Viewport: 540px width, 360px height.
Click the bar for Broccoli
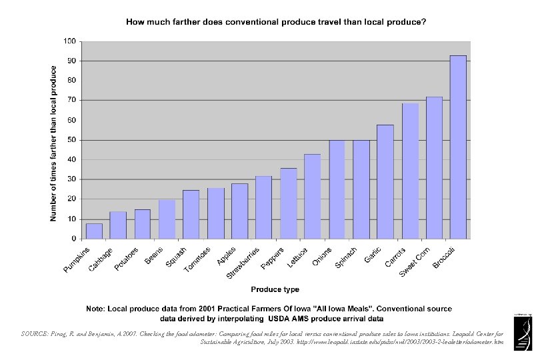pos(458,147)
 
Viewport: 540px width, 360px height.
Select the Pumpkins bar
pos(94,231)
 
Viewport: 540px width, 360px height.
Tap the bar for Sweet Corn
pos(434,167)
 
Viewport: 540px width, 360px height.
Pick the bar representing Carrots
pos(410,171)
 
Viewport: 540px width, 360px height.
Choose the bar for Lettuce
pos(313,196)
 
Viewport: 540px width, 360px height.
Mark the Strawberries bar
pos(264,207)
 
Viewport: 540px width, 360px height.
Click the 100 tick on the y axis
pos(69,41)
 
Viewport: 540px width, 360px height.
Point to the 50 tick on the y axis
pos(71,140)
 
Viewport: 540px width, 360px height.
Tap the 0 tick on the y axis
pos(73,239)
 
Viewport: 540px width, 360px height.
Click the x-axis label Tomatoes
pos(197,259)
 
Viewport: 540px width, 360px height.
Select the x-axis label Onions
pos(321,255)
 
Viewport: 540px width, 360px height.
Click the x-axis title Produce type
pos(275,289)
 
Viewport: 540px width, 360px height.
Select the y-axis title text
pos(53,143)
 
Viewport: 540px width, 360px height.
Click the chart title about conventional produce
pos(276,22)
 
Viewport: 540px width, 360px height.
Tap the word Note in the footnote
pos(97,309)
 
